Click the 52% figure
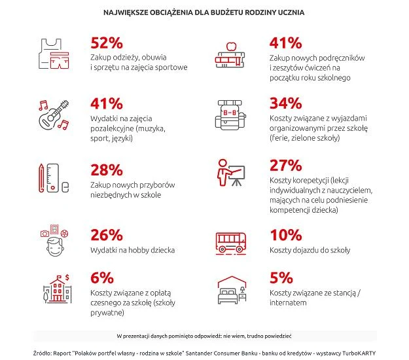coord(106,43)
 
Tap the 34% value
coord(285,103)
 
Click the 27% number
coord(285,166)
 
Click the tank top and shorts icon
coord(54,52)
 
